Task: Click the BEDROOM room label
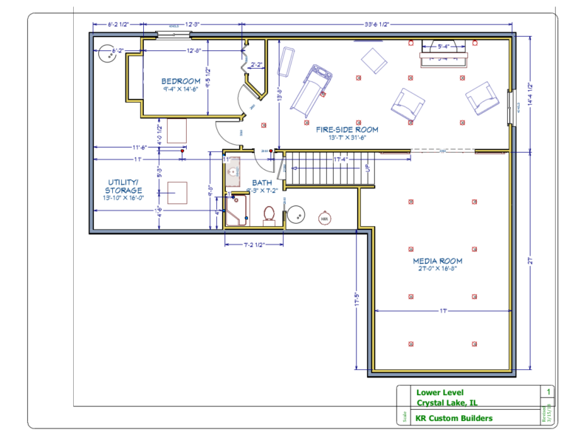pyautogui.click(x=182, y=81)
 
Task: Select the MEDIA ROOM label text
pyautogui.click(x=438, y=261)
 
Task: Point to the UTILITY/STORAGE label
pyautogui.click(x=125, y=186)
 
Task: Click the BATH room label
pyautogui.click(x=262, y=182)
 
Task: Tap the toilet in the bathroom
pyautogui.click(x=269, y=213)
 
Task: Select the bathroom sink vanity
pyautogui.click(x=234, y=173)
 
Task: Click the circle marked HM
pyautogui.click(x=324, y=219)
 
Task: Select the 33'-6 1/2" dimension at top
pyautogui.click(x=378, y=24)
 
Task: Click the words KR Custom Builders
pyautogui.click(x=454, y=418)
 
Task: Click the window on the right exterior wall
pyautogui.click(x=512, y=103)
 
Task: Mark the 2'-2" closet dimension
pyautogui.click(x=257, y=64)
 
